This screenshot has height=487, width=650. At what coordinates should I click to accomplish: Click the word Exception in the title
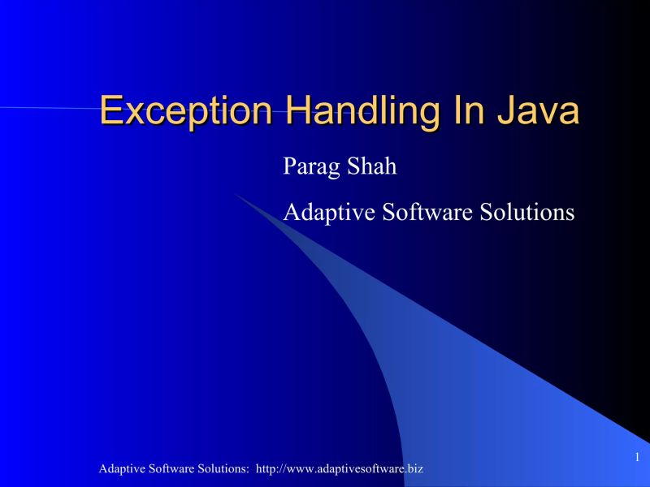click(x=188, y=111)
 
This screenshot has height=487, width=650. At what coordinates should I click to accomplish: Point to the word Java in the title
click(x=539, y=111)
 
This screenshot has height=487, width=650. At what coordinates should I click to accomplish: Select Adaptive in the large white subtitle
click(x=328, y=213)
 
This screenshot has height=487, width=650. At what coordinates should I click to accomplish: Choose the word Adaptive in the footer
click(x=120, y=470)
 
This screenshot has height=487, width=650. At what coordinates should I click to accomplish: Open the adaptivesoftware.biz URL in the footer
click(x=339, y=470)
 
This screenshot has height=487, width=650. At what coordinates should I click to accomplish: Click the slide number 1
click(x=638, y=457)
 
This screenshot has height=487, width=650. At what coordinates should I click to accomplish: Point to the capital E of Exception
click(x=110, y=111)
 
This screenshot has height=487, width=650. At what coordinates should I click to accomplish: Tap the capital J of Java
click(x=507, y=111)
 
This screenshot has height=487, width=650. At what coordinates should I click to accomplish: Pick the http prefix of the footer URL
click(x=266, y=470)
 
